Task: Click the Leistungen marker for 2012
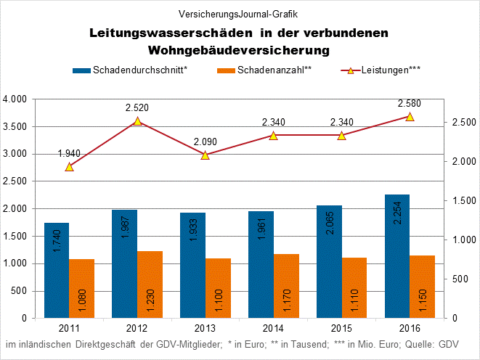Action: pos(137,121)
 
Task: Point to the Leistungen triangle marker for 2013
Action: pos(205,155)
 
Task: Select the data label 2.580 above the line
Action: pos(409,103)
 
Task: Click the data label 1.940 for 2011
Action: pos(70,153)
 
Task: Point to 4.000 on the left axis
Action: pos(15,99)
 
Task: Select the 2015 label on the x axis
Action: pos(341,327)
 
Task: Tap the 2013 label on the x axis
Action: pos(205,327)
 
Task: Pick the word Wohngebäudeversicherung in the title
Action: pos(239,50)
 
